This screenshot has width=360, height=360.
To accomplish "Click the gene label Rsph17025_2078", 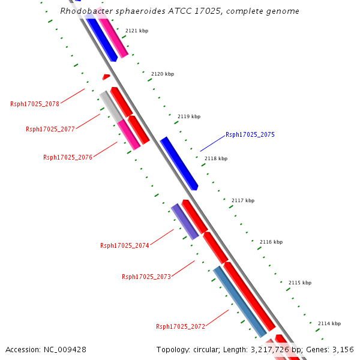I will point(35,104).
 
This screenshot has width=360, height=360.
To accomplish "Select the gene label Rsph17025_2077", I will point(50,129).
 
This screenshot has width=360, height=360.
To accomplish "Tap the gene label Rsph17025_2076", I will point(68,157).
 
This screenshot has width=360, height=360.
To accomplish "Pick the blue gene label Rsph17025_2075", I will point(250,135).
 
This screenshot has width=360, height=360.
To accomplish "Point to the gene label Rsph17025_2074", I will point(125,245).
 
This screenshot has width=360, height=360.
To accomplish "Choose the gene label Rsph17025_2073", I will point(146,277).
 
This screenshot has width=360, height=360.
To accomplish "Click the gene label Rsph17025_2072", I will point(181,326).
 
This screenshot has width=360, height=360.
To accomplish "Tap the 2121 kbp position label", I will point(137,31).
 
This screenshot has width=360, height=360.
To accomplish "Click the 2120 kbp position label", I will point(163,74).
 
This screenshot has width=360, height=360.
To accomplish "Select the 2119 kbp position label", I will point(189,116).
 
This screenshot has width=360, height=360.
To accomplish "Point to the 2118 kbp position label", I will point(216,159).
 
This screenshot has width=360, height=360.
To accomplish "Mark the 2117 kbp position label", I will point(243,200).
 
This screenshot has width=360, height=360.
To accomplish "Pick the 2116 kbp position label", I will point(271,242).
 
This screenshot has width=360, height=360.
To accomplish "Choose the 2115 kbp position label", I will point(300,283).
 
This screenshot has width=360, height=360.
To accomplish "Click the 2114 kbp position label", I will point(329,323).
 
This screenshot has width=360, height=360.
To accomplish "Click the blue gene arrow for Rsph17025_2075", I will point(179,163).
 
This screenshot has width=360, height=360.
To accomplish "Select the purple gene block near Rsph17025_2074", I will point(185,221).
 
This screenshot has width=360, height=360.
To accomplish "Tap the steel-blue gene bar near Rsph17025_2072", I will point(240,302).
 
